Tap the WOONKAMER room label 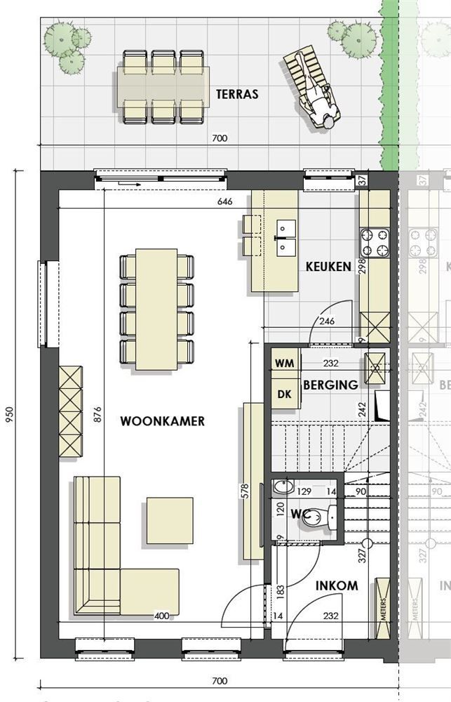click(162, 421)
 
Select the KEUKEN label click(328, 267)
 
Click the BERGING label click(330, 385)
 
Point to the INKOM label click(336, 585)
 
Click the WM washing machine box click(284, 363)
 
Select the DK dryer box click(284, 395)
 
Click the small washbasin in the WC click(285, 486)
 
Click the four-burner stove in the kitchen click(375, 242)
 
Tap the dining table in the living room click(156, 309)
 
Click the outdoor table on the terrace click(163, 87)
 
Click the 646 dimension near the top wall click(225, 202)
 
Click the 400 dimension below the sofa click(162, 616)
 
